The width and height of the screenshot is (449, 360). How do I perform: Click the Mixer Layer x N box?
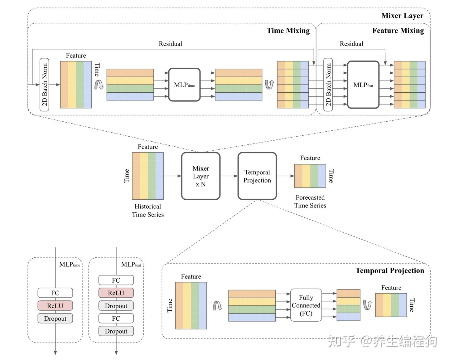(200, 176)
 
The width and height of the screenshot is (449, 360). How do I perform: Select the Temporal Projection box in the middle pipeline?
(257, 176)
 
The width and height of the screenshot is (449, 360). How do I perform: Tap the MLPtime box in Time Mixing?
(184, 85)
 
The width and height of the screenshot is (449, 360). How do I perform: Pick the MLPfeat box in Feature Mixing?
(363, 85)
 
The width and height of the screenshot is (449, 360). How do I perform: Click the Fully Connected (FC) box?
(306, 305)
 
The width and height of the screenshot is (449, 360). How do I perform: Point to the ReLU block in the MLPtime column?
(55, 306)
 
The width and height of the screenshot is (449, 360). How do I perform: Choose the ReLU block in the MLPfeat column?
(116, 293)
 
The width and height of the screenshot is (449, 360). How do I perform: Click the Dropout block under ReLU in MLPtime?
(55, 319)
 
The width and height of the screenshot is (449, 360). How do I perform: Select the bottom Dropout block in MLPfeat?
(116, 331)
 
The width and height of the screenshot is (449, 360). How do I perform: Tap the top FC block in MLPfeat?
(116, 280)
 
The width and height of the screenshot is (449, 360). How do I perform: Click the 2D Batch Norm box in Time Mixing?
(45, 85)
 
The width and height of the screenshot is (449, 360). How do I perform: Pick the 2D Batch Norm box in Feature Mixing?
(328, 85)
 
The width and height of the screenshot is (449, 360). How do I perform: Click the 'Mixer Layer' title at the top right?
(402, 16)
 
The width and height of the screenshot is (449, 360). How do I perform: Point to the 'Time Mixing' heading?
(288, 31)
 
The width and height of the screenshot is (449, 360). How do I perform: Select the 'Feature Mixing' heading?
(398, 31)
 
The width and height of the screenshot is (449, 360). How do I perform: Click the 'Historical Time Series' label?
(148, 211)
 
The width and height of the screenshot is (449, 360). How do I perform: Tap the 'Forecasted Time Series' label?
(310, 202)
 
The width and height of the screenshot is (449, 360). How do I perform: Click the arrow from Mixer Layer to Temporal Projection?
(229, 176)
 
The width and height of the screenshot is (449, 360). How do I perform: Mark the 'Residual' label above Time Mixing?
(170, 44)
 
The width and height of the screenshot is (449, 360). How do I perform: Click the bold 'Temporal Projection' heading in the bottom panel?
(390, 270)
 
